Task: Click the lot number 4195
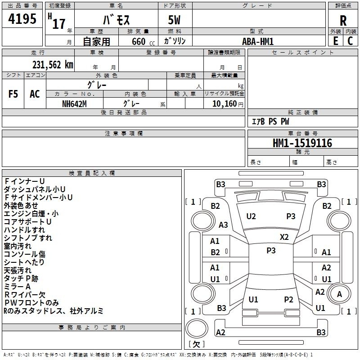coord(22,19)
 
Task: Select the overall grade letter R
coord(343,21)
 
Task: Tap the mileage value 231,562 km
coord(53,65)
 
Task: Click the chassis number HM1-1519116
coord(302,143)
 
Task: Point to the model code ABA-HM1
coord(258,41)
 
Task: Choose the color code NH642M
coord(74,104)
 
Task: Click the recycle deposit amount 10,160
coord(225,104)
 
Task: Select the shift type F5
coord(13,94)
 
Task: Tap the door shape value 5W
coord(174,20)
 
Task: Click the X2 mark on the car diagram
coord(284,237)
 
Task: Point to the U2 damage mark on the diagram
coord(251,216)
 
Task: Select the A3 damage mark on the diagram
coord(223,225)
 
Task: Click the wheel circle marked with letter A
coord(339,294)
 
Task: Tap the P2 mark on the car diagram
coord(288,300)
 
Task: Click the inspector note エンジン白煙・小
coord(31,214)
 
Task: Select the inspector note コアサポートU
coord(27,222)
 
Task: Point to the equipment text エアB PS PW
coord(270,121)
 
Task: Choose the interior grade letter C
coord(350,41)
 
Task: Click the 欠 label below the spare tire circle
coord(196,344)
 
